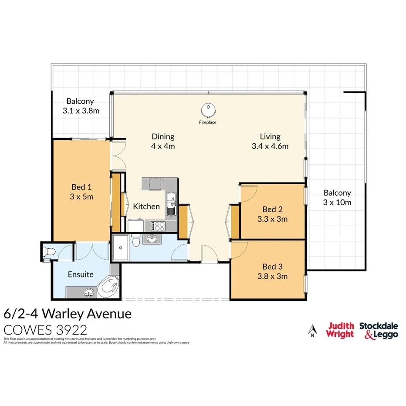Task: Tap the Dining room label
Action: [x=163, y=141]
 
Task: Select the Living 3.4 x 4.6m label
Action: [x=270, y=141]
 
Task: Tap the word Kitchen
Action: [x=146, y=206]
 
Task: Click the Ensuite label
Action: [x=81, y=275]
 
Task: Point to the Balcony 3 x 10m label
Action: [x=337, y=197]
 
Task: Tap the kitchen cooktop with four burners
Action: [x=157, y=226]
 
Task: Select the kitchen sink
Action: [x=173, y=201]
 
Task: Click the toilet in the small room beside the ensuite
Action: [x=49, y=251]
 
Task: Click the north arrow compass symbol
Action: [x=312, y=332]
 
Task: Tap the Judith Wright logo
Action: [x=340, y=330]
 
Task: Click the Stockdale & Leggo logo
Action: [x=378, y=330]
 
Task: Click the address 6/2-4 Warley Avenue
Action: [x=67, y=314]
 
